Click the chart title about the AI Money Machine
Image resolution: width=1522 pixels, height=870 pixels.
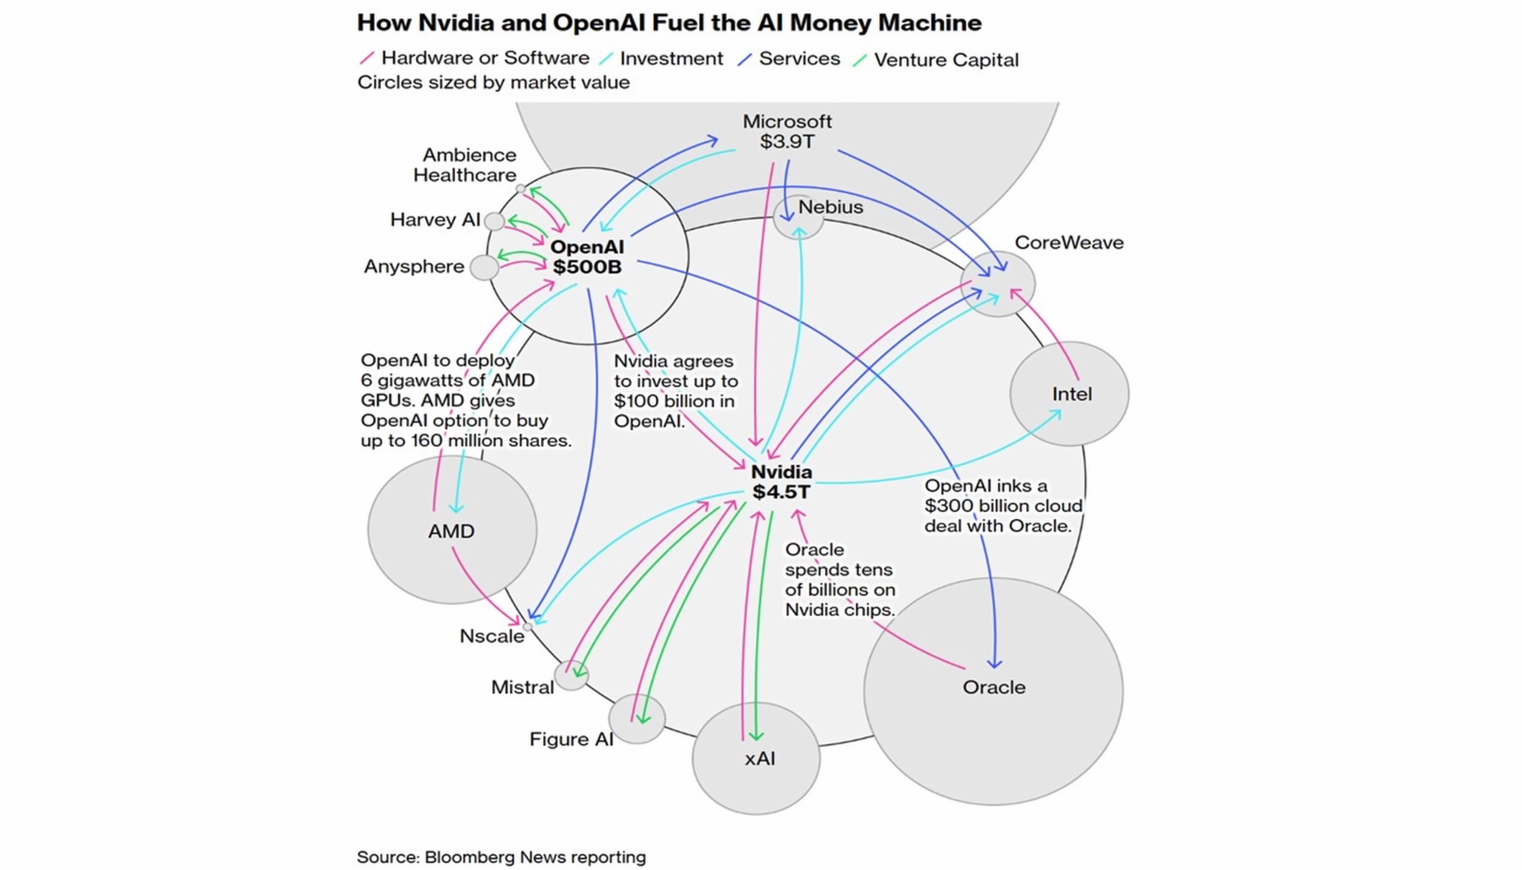click(x=669, y=23)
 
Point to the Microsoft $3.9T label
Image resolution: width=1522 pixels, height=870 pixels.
click(x=787, y=132)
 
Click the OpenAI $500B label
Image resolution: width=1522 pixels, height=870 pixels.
click(x=587, y=257)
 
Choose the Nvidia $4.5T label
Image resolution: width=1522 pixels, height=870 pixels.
click(x=781, y=482)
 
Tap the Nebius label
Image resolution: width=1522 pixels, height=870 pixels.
click(x=830, y=207)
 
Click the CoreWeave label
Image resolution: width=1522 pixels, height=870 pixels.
click(x=1069, y=243)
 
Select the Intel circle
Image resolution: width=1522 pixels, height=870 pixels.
click(x=1069, y=394)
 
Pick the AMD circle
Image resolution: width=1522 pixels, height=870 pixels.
click(x=451, y=530)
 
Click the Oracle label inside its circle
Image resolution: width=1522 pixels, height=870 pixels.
click(x=993, y=687)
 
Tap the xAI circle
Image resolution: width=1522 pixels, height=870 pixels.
click(x=757, y=759)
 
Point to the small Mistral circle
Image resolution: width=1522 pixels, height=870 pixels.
click(x=571, y=675)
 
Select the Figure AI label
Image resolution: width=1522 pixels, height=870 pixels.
click(x=571, y=739)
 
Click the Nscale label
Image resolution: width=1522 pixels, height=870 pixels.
click(x=492, y=636)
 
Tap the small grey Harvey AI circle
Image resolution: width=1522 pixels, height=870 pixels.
click(x=494, y=221)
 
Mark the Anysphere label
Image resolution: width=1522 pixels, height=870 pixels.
click(x=414, y=267)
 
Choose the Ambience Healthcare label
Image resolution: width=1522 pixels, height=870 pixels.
click(x=465, y=165)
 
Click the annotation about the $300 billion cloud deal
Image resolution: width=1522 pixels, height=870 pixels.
click(x=1003, y=506)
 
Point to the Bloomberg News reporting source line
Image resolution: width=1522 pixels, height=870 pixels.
click(x=501, y=857)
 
